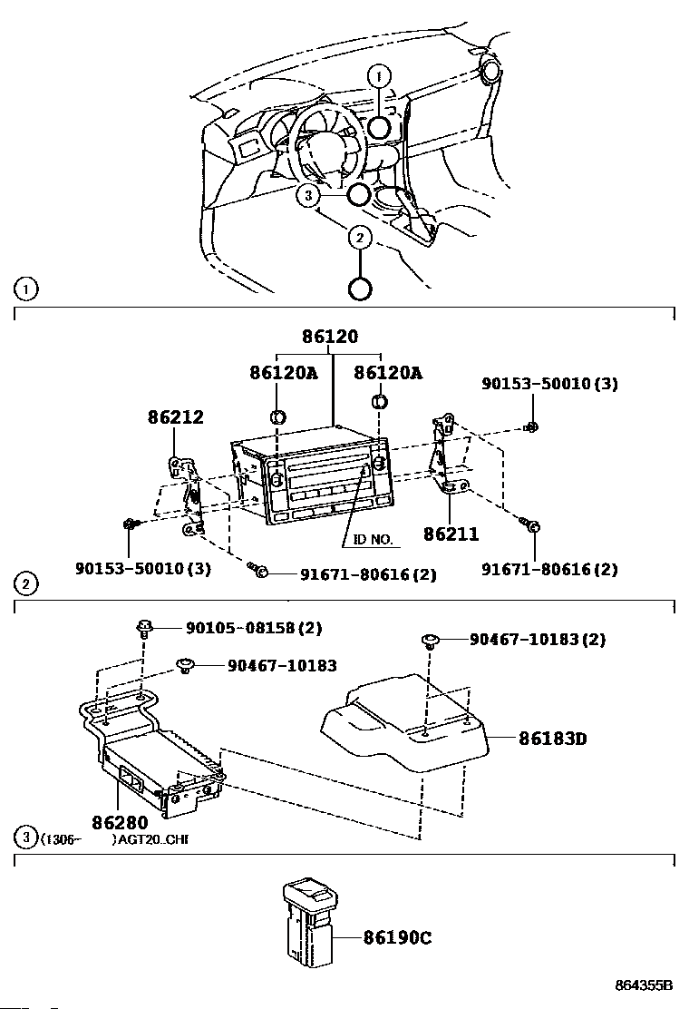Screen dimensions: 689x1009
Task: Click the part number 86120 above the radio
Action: pyautogui.click(x=330, y=336)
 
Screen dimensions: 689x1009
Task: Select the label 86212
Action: pyautogui.click(x=176, y=417)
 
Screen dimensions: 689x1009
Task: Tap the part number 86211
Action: pyautogui.click(x=451, y=534)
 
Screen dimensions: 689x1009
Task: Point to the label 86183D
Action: pyautogui.click(x=553, y=738)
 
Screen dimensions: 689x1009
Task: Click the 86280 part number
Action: pyautogui.click(x=121, y=822)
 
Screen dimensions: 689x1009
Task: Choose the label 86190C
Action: pyautogui.click(x=398, y=937)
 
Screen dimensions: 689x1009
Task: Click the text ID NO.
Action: pyautogui.click(x=373, y=539)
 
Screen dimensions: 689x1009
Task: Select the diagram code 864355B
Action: pyautogui.click(x=644, y=985)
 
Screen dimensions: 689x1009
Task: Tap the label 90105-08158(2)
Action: pyautogui.click(x=254, y=627)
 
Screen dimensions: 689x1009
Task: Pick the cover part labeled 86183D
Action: pyautogui.click(x=405, y=722)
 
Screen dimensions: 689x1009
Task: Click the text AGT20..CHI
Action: pyautogui.click(x=153, y=839)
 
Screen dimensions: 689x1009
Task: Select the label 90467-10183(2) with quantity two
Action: pyautogui.click(x=538, y=640)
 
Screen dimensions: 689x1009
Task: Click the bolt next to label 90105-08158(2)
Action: pyautogui.click(x=144, y=627)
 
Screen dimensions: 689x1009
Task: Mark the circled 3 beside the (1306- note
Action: pyautogui.click(x=25, y=838)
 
